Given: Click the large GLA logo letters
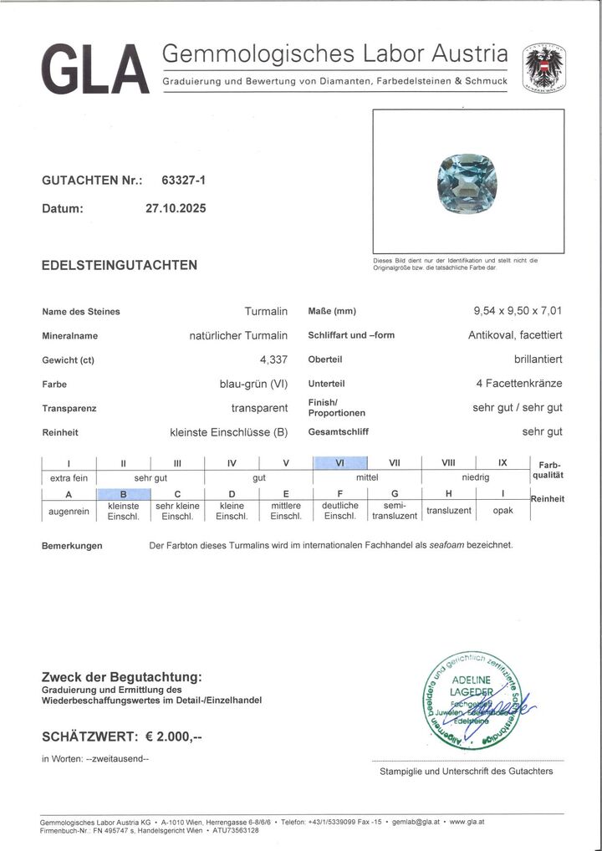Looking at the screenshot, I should (93, 65).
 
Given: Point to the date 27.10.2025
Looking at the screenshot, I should (175, 209).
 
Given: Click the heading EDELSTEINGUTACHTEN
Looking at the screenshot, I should (120, 265).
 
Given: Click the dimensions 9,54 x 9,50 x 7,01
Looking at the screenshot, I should (518, 312).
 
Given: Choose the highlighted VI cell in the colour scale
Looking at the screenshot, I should (340, 463).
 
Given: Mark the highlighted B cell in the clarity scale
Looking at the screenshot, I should (123, 493).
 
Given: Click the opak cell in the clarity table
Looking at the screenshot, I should (502, 511).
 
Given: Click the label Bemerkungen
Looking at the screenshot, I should (72, 546).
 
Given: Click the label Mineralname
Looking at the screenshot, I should (69, 337).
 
